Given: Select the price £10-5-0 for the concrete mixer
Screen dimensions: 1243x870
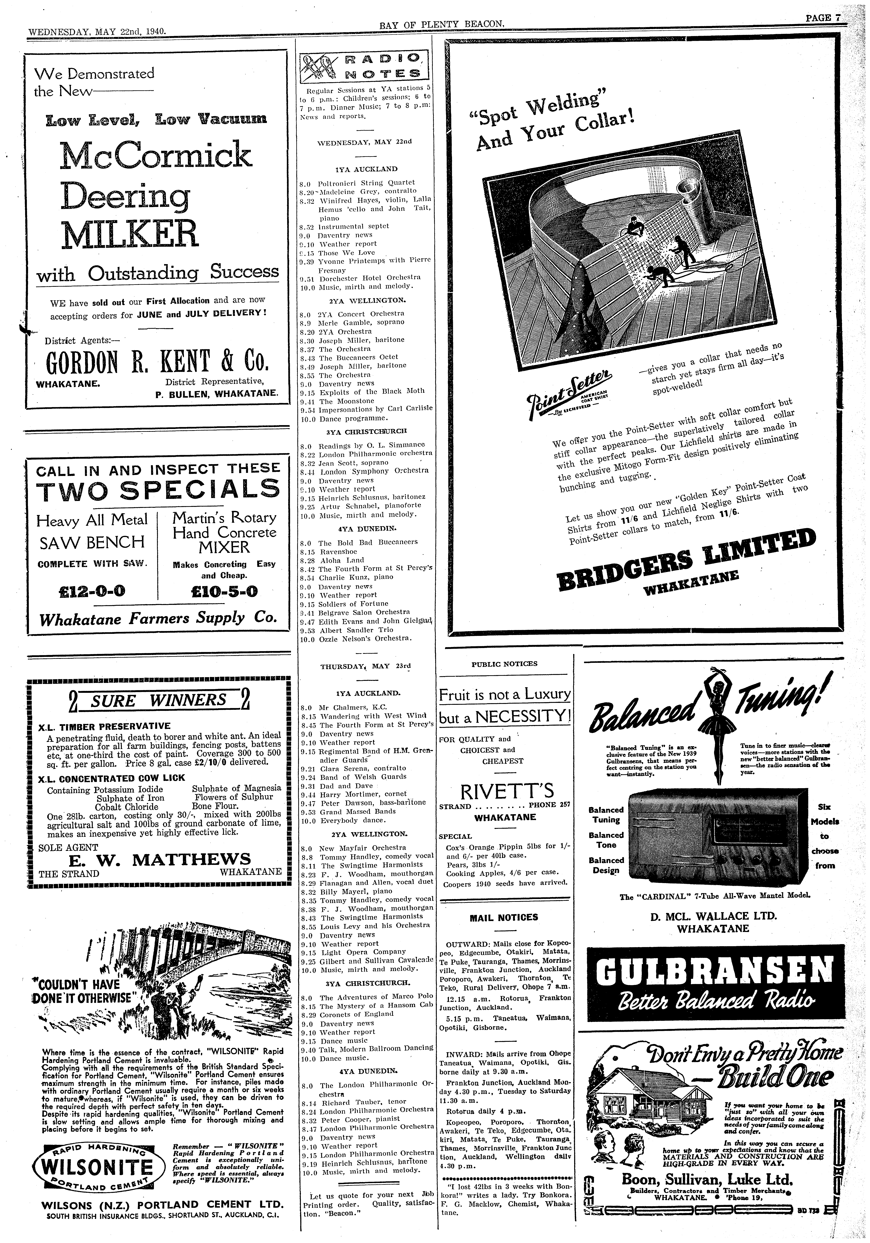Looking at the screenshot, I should click(x=222, y=590).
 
